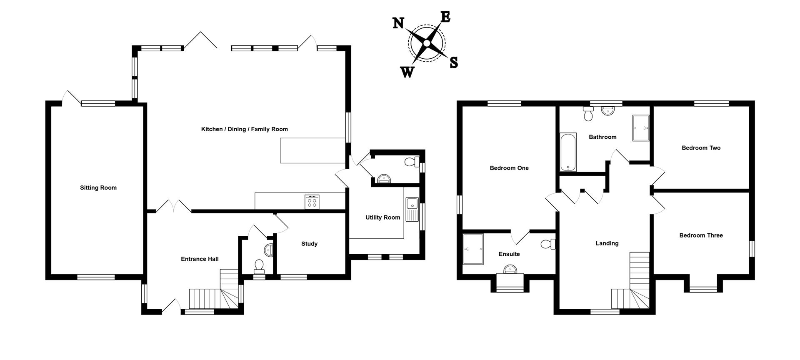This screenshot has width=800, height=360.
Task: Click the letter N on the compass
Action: pos(398,23)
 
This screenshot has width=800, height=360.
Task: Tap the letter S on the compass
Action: pos(454,62)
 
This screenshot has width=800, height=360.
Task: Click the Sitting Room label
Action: pos(98,188)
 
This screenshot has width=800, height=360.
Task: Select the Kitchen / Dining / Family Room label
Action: pos(244,129)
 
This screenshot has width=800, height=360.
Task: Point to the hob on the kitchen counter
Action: pos(312,202)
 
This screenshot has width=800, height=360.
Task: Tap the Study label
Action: pos(309,244)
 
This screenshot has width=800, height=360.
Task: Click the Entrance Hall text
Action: pos(200,259)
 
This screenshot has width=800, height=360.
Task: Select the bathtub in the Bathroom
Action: pos(568,152)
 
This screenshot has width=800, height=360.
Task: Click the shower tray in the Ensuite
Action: pos(473,249)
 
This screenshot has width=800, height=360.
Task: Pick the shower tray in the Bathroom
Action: pos(641,128)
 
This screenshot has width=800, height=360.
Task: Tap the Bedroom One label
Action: pos(509,168)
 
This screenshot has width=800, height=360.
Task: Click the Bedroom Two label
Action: pos(701,148)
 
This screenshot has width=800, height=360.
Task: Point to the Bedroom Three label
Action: pos(701,235)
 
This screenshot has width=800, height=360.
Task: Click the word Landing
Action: pos(607,243)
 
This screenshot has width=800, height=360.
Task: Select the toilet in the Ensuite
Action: pos(548,244)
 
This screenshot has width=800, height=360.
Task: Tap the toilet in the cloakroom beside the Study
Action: pos(259,266)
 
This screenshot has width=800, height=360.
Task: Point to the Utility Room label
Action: pos(382,217)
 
